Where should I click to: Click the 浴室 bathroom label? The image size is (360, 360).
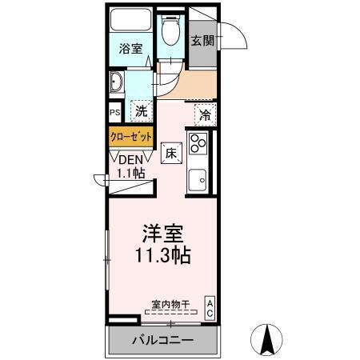point(131,49)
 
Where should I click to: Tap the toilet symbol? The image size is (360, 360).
point(169,32)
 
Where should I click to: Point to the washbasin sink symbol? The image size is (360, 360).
point(116,82)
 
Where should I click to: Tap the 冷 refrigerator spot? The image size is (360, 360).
point(205,114)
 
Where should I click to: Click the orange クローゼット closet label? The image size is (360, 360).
point(131,137)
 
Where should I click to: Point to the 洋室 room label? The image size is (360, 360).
point(163,235)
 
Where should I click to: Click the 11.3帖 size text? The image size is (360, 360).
point(163,257)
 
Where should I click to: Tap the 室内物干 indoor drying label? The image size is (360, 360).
point(170,303)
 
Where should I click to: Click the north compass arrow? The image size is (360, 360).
point(269,339)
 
